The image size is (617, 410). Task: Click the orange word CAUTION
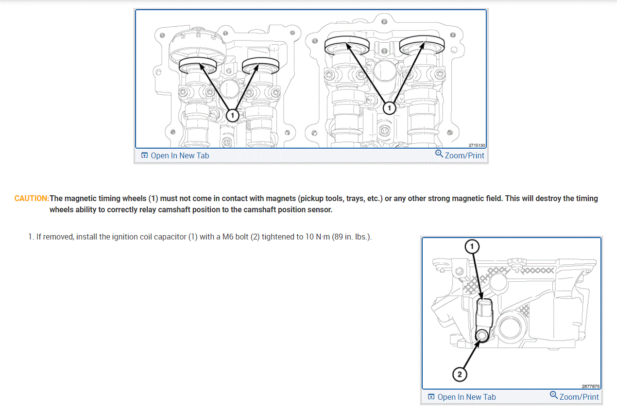32,199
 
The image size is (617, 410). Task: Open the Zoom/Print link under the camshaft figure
464,155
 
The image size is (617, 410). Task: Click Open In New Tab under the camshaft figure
180,155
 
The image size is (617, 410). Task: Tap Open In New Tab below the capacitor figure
466,397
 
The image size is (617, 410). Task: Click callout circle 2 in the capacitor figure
460,374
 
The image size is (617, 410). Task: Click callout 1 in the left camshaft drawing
232,115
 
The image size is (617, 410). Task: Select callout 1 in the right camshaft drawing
389,108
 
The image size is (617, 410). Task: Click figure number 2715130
477,145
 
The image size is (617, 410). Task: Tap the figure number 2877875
591,387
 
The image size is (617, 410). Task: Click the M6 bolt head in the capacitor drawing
482,336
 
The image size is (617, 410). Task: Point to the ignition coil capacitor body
484,311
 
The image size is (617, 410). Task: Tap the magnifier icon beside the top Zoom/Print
439,154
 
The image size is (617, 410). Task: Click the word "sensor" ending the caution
320,210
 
